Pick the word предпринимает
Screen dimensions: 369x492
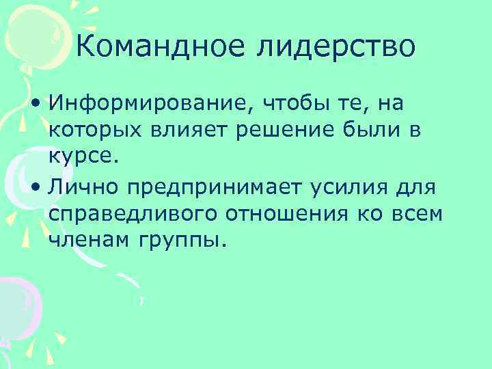pos(223,188)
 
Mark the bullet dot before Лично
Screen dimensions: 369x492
pos(34,188)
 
